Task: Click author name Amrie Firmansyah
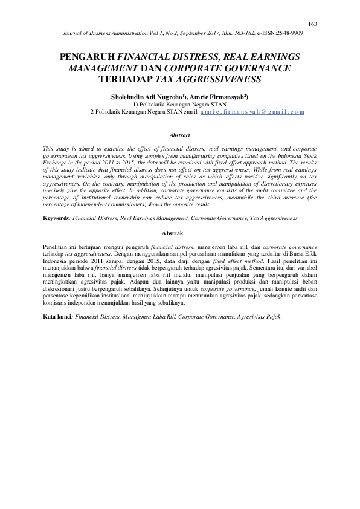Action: tap(223, 97)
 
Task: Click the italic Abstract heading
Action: tap(180, 135)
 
